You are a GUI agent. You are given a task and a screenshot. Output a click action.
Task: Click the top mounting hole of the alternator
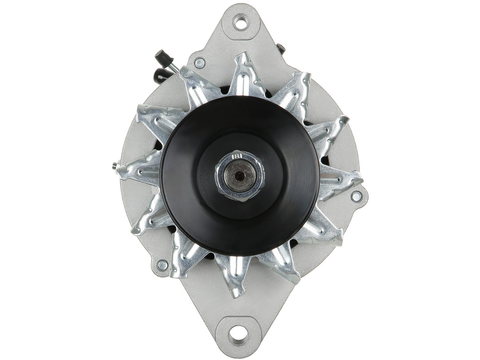(241, 22)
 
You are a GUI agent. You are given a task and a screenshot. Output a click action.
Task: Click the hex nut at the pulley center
(240, 176)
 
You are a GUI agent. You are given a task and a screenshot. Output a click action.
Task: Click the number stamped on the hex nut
(237, 156)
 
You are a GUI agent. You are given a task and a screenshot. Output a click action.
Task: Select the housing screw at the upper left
(200, 63)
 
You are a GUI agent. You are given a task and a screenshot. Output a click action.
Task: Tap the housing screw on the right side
(356, 196)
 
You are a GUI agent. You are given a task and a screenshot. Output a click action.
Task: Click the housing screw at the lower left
(163, 265)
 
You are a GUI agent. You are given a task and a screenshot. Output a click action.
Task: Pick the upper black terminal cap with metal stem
(161, 57)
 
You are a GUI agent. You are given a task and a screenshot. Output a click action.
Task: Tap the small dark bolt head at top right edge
(281, 48)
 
